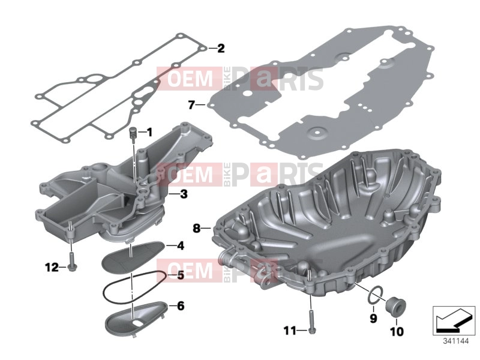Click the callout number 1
[x=149, y=133]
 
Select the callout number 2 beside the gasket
[x=221, y=49]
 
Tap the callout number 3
[x=184, y=194]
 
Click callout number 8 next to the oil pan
[x=197, y=228]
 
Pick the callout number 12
[x=52, y=268]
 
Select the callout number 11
[x=290, y=331]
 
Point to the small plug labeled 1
[x=133, y=134]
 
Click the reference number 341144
[x=456, y=341]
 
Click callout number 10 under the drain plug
[x=397, y=331]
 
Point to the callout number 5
[x=181, y=275]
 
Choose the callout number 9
[x=373, y=319]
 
